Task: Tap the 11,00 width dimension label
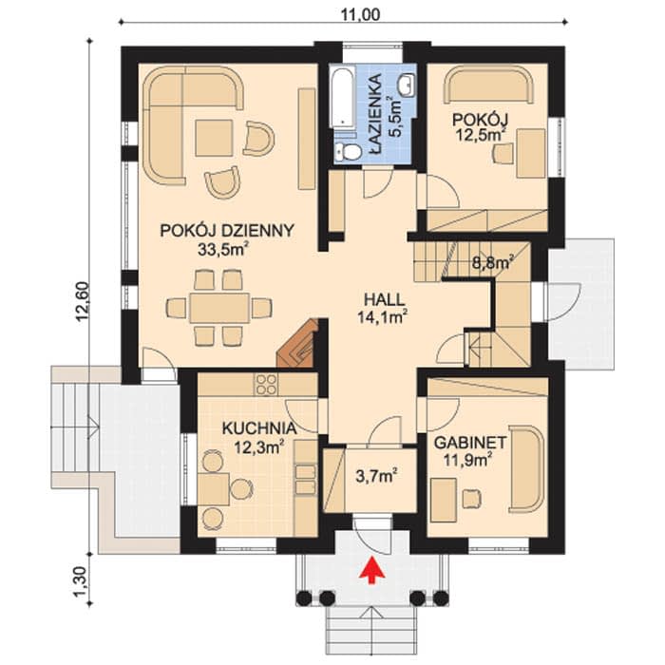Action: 360,15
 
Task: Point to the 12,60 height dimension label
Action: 84,301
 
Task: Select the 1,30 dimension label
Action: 84,581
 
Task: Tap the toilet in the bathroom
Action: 347,151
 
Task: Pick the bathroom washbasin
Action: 407,83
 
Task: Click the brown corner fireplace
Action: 297,343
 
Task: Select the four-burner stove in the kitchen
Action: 265,384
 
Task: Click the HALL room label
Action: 384,300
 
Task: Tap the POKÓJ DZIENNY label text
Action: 227,230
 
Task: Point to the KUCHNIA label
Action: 259,428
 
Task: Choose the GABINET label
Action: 470,444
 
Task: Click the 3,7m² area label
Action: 376,476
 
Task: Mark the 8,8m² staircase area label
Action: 493,262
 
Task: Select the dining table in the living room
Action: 219,308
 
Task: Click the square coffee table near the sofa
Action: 214,138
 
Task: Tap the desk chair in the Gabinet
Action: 471,498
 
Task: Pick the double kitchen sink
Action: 305,479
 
